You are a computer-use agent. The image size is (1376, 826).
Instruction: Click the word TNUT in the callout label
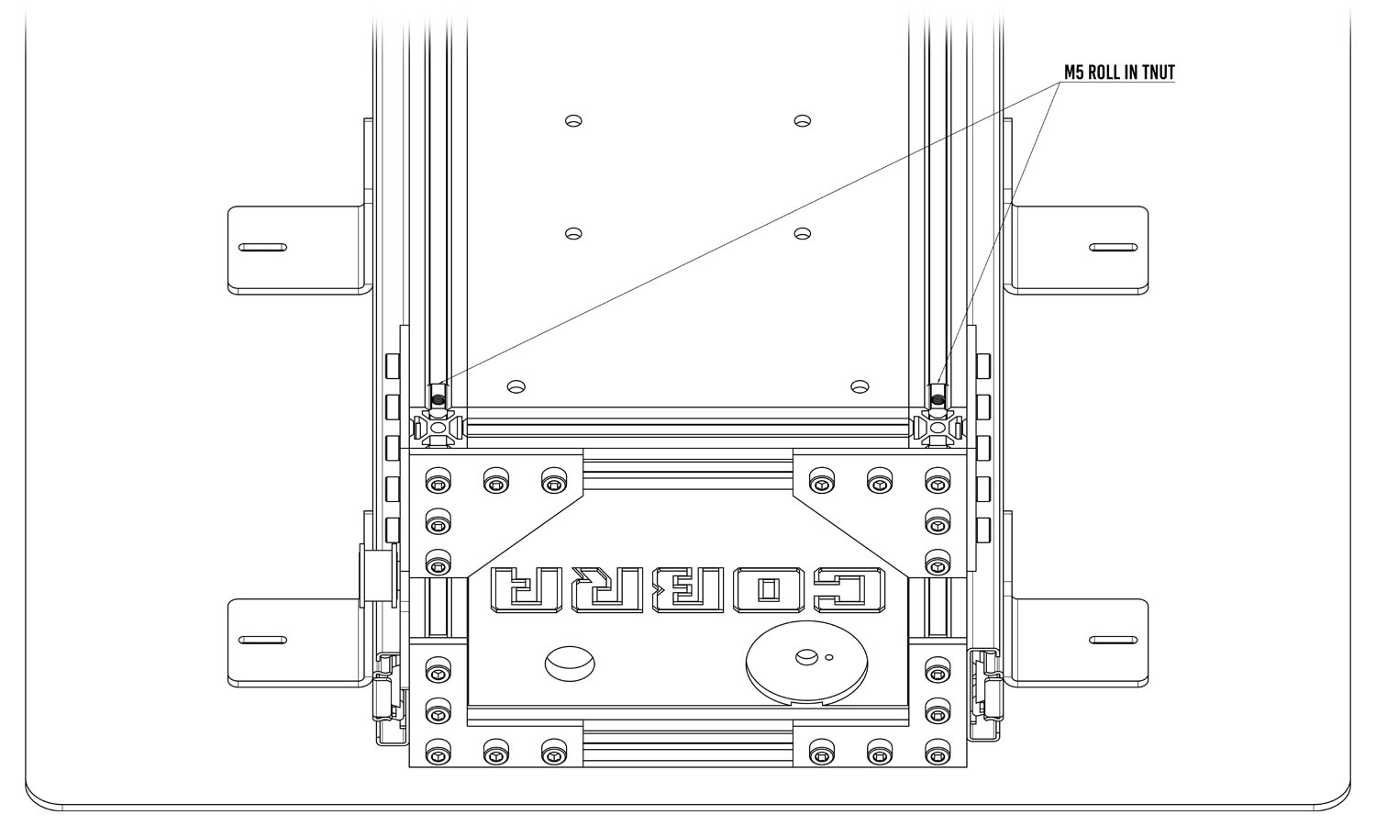(x=1158, y=73)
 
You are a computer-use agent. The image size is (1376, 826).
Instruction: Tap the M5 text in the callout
(x=1074, y=73)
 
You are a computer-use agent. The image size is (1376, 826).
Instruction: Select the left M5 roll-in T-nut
(x=438, y=396)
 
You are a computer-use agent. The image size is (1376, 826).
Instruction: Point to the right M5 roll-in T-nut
(x=938, y=396)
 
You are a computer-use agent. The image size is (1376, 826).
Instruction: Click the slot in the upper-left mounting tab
(x=262, y=248)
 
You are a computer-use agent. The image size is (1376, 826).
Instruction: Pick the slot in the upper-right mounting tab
(x=1113, y=248)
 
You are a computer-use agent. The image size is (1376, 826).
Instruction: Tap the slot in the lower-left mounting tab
(x=262, y=640)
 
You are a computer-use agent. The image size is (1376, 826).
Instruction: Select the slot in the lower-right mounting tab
(x=1113, y=640)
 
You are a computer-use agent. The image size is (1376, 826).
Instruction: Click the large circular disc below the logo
(x=806, y=663)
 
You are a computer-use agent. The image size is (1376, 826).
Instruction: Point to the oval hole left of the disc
(x=570, y=664)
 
